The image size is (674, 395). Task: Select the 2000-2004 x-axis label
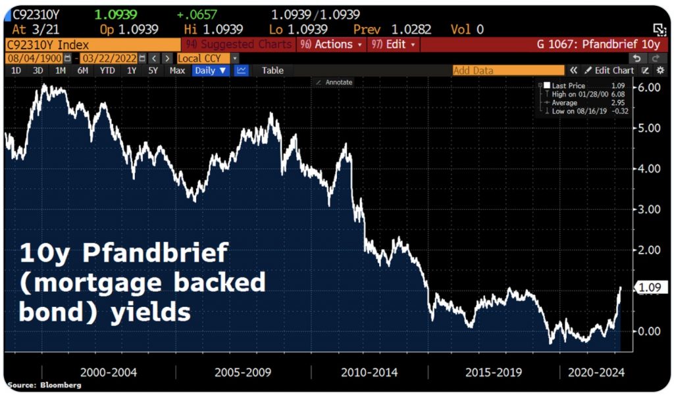click(108, 372)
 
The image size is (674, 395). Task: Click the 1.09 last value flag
click(651, 287)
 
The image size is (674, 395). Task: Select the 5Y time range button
click(153, 70)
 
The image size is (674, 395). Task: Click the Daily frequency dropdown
click(211, 70)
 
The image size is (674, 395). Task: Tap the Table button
click(272, 70)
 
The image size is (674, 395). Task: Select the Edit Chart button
click(609, 70)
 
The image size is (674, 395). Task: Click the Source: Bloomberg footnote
click(45, 385)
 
